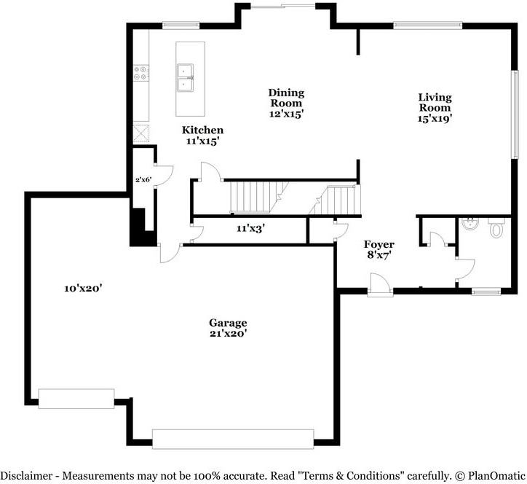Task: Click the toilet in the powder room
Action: pyautogui.click(x=496, y=228)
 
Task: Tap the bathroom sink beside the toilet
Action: pyautogui.click(x=470, y=224)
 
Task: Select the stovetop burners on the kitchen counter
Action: pyautogui.click(x=140, y=73)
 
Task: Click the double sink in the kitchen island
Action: pyautogui.click(x=185, y=77)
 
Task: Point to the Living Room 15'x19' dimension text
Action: pyautogui.click(x=435, y=118)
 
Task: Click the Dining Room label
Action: pyautogui.click(x=286, y=98)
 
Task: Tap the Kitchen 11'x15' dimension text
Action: pyautogui.click(x=203, y=141)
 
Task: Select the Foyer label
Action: pyautogui.click(x=379, y=244)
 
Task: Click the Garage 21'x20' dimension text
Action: pyautogui.click(x=229, y=334)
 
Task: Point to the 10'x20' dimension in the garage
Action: pyautogui.click(x=83, y=288)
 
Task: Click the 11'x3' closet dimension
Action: pyautogui.click(x=250, y=229)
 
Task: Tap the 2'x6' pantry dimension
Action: pyautogui.click(x=143, y=179)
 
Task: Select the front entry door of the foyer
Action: pyautogui.click(x=380, y=286)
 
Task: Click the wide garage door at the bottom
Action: pyautogui.click(x=233, y=439)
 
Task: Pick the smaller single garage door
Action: pyautogui.click(x=76, y=399)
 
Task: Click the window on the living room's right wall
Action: pyautogui.click(x=515, y=114)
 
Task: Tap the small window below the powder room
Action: pyautogui.click(x=486, y=292)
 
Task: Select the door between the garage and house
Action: pyautogui.click(x=171, y=252)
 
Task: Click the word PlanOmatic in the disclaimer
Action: pyautogui.click(x=496, y=475)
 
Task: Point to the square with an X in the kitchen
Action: pyautogui.click(x=141, y=133)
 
